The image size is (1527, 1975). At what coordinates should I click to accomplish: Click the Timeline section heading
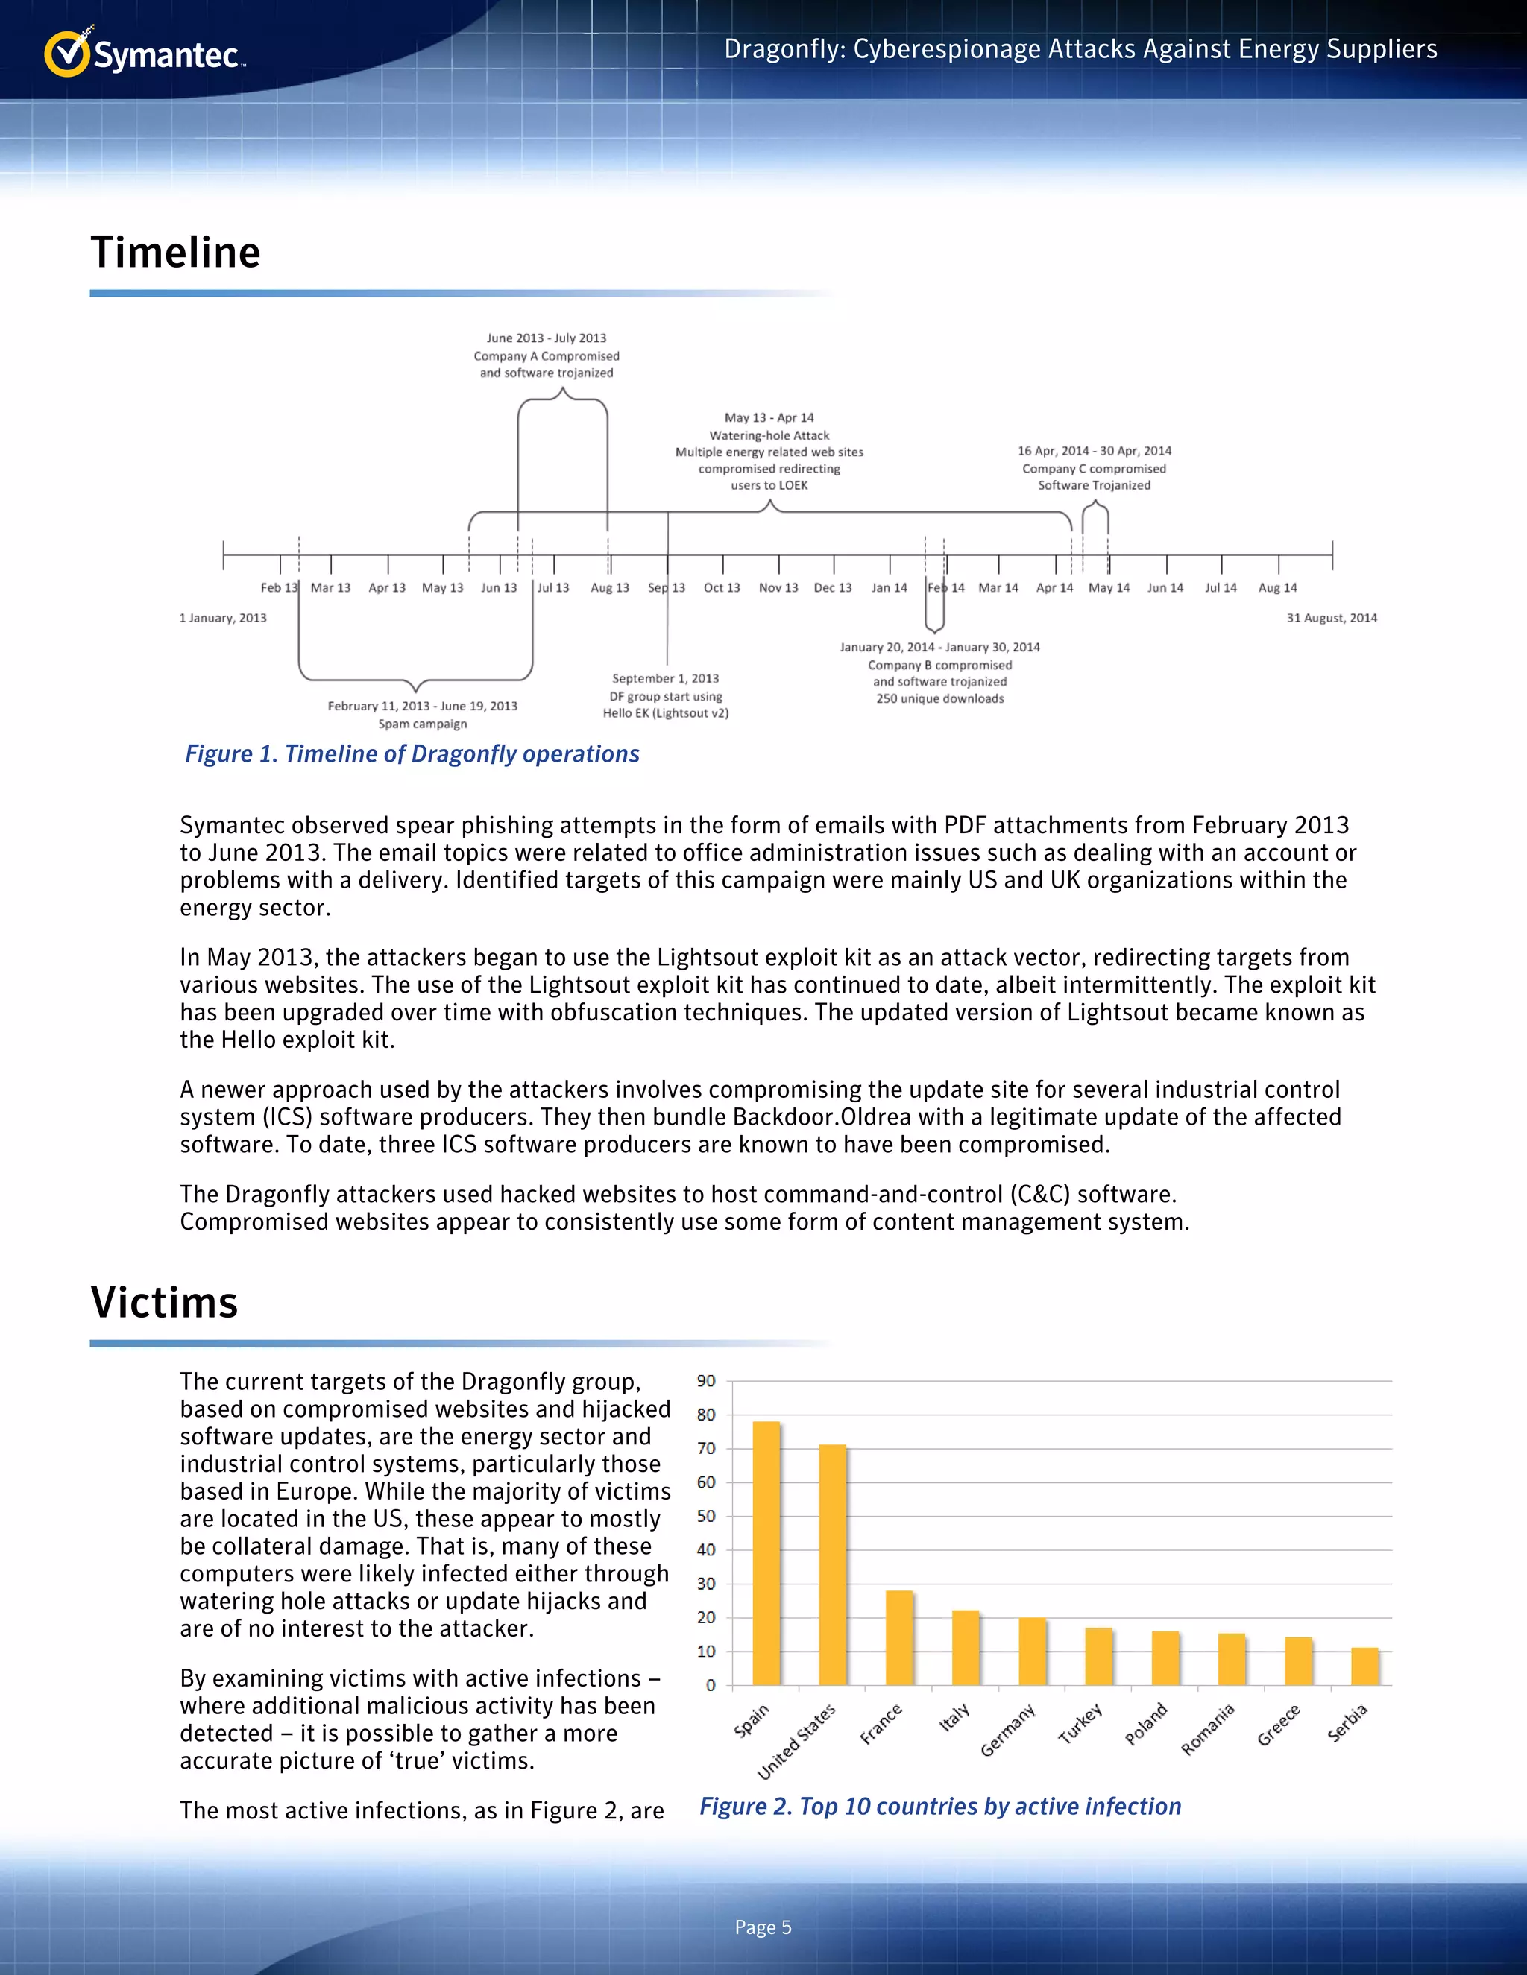[x=175, y=253]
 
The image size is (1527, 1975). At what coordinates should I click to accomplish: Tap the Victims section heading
[x=164, y=1302]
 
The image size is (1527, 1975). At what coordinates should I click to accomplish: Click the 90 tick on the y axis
[x=705, y=1381]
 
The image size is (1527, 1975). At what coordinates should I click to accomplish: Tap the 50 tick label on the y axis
[x=705, y=1516]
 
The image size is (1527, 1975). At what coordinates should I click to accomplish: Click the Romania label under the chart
[x=1208, y=1729]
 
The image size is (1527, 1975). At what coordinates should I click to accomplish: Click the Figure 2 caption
[x=940, y=1806]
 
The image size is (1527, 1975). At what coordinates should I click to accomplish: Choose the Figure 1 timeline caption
[x=412, y=754]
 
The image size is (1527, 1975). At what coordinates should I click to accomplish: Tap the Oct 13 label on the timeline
[x=722, y=588]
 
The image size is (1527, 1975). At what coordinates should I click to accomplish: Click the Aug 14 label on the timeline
[x=1277, y=588]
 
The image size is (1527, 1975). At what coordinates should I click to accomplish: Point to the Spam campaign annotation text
[x=423, y=724]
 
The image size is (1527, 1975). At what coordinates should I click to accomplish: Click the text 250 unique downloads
[x=940, y=698]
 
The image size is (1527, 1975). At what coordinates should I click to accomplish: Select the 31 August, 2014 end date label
[x=1332, y=618]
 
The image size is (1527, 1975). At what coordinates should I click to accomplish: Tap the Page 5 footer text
[x=763, y=1927]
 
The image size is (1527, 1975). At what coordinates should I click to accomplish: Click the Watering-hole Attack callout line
[x=769, y=435]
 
